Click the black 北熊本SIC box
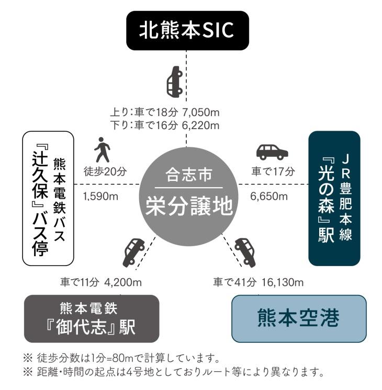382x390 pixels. (186, 31)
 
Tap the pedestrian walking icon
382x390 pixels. (103, 151)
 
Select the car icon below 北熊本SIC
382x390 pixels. (175, 82)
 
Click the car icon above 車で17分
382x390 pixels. (272, 152)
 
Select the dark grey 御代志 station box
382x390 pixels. (91, 318)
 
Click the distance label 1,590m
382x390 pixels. (100, 196)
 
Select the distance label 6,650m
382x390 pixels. (269, 196)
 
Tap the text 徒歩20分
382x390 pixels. (105, 171)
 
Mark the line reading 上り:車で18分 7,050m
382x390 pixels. (164, 112)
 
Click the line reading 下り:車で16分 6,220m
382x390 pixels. (164, 125)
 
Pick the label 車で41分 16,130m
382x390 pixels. (258, 282)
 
